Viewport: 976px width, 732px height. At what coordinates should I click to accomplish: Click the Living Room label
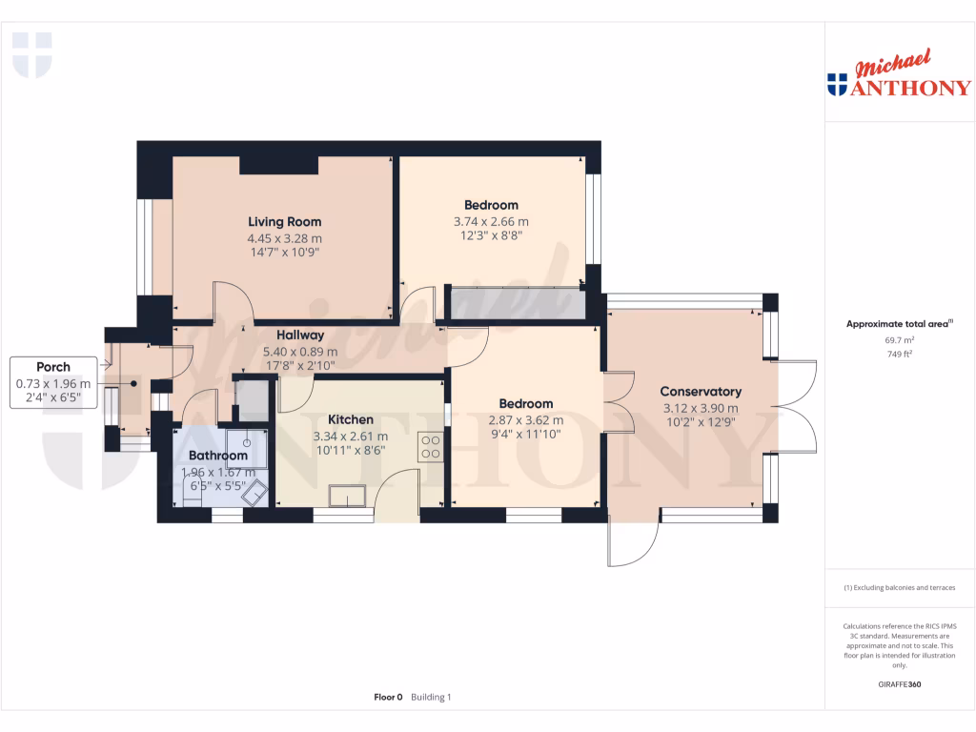284,221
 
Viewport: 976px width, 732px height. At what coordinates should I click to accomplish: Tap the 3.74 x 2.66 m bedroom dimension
491,221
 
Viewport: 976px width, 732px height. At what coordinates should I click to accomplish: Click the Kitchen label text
350,419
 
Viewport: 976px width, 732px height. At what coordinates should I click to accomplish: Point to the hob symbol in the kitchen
430,446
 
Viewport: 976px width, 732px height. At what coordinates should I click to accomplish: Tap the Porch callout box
53,382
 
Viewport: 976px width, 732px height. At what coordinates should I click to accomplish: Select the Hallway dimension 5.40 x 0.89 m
300,352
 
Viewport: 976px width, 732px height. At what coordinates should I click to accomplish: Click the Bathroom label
217,456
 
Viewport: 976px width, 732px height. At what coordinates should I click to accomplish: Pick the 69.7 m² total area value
901,339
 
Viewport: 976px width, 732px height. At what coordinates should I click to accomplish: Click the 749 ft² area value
901,354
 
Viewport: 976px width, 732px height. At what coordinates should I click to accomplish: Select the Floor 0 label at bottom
388,698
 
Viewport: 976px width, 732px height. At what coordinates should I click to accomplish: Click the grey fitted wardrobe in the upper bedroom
516,304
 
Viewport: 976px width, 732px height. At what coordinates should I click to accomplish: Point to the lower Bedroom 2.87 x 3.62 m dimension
525,419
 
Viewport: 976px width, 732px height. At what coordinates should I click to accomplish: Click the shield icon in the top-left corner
31,54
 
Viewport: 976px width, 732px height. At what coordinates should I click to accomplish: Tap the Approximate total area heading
899,324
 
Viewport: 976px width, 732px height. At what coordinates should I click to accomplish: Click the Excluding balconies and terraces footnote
900,588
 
